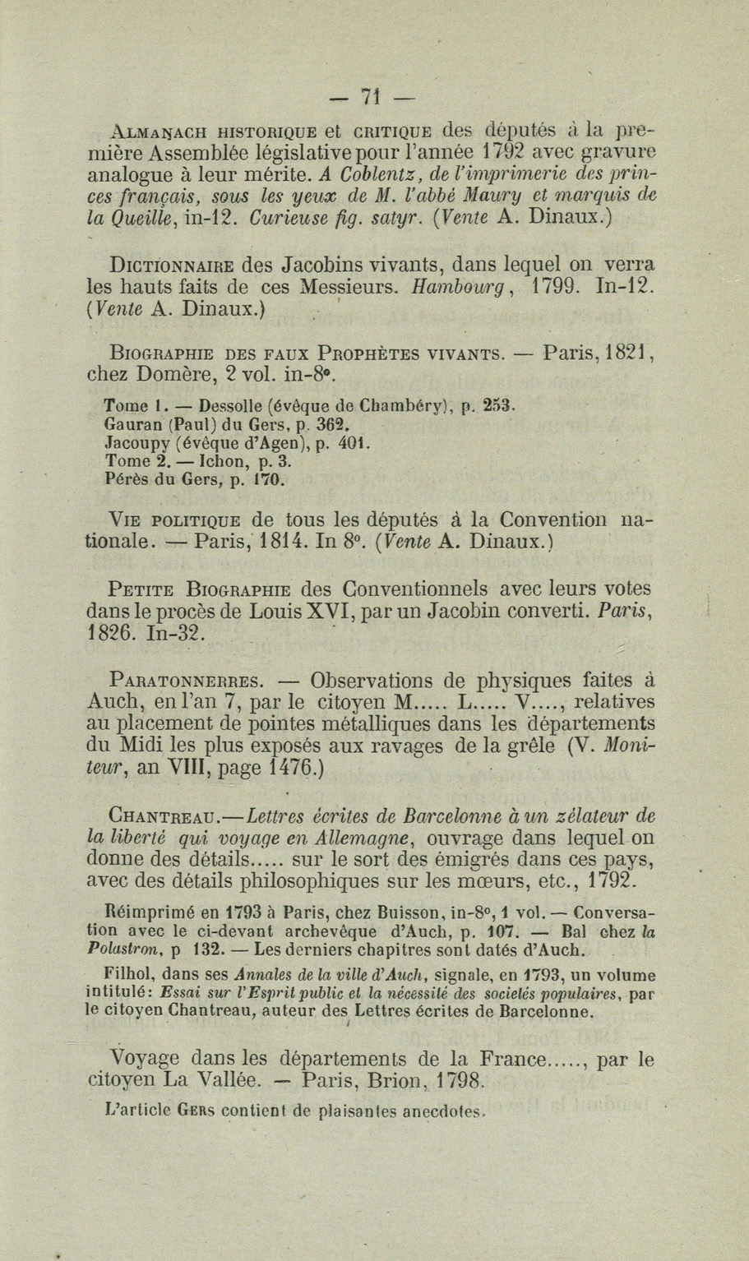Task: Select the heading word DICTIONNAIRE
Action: pyautogui.click(x=172, y=266)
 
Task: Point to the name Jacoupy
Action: pyautogui.click(x=137, y=443)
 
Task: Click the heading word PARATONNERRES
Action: pyautogui.click(x=185, y=681)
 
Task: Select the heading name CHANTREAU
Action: pyautogui.click(x=161, y=816)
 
